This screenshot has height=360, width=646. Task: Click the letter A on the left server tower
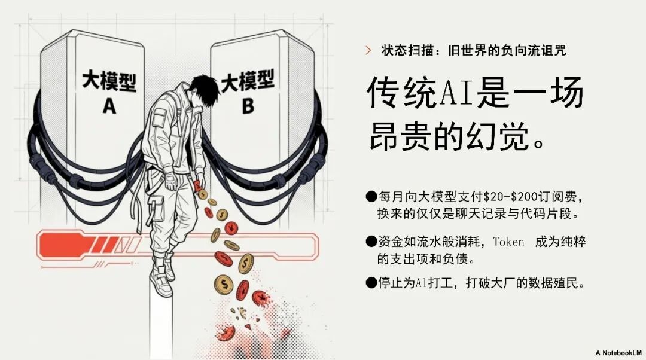pyautogui.click(x=109, y=106)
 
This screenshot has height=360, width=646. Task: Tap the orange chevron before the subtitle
pyautogui.click(x=368, y=51)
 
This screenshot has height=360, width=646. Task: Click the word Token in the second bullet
pyautogui.click(x=509, y=242)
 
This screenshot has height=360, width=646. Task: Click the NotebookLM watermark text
pyautogui.click(x=618, y=353)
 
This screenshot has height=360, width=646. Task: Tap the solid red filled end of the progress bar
pyautogui.click(x=65, y=246)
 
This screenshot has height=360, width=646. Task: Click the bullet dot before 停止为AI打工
pyautogui.click(x=371, y=283)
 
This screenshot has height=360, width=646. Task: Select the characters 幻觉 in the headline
pyautogui.click(x=498, y=136)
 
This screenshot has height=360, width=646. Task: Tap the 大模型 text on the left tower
pyautogui.click(x=109, y=81)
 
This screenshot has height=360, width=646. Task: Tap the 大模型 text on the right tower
pyautogui.click(x=247, y=80)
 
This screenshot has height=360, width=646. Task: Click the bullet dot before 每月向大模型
pyautogui.click(x=371, y=197)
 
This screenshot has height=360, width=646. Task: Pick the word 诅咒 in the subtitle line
pyautogui.click(x=554, y=51)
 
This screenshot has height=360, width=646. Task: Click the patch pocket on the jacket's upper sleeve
pyautogui.click(x=159, y=118)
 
